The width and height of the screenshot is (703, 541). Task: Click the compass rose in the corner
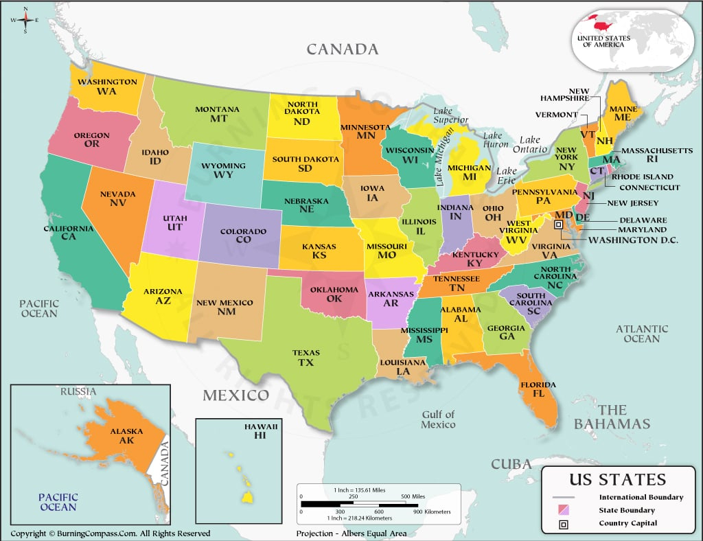tap(25, 20)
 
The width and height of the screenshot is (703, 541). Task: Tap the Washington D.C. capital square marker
tap(559, 225)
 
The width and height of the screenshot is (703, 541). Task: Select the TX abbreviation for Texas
tap(306, 362)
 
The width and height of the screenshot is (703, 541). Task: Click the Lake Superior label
tap(450, 115)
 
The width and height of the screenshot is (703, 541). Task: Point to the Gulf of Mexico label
tap(439, 419)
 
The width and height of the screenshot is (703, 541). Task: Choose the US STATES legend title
tap(617, 479)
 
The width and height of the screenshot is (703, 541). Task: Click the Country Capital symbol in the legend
tap(564, 523)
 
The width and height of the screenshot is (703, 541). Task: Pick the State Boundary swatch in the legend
tap(564, 510)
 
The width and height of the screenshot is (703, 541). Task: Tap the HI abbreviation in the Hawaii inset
tap(260, 435)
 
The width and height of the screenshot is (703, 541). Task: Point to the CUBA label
tap(511, 464)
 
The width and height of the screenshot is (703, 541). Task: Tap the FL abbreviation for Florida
tap(529, 394)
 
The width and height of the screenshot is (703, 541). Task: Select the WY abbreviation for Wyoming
tap(223, 174)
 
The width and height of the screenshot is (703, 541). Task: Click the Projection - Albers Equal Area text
tap(351, 533)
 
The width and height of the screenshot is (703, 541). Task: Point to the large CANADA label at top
tap(342, 49)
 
